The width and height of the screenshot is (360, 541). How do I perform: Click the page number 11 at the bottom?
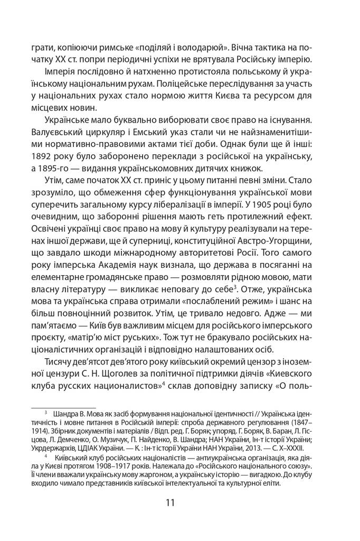[x=179, y=502]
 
